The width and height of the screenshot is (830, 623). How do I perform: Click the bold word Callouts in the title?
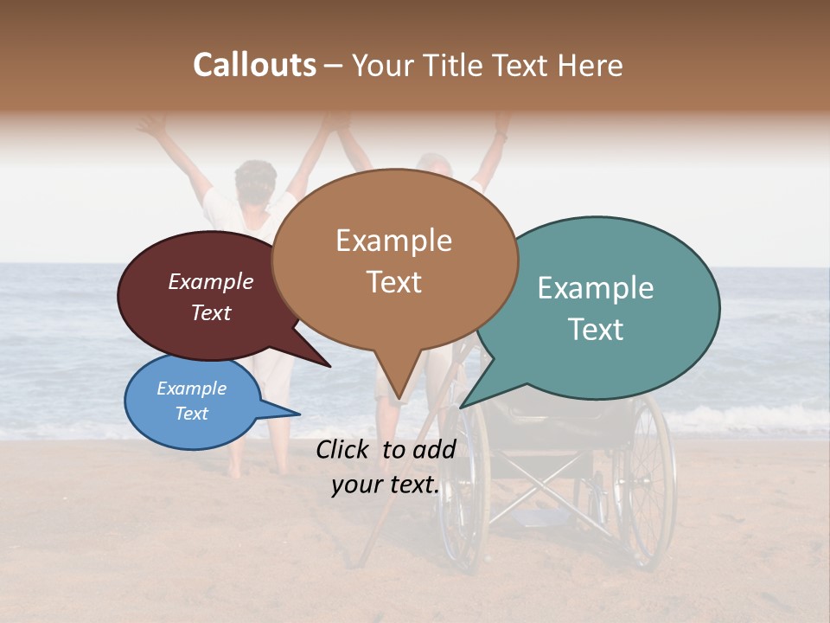pyautogui.click(x=254, y=65)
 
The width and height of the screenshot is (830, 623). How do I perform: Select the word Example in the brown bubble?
pyautogui.click(x=393, y=241)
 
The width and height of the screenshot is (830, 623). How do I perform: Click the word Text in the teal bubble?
pyautogui.click(x=596, y=329)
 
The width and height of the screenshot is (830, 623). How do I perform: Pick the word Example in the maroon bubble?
pyautogui.click(x=210, y=281)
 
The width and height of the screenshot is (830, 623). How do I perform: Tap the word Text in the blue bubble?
pyautogui.click(x=191, y=414)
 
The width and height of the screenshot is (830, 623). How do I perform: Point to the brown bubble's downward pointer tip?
pyautogui.click(x=398, y=398)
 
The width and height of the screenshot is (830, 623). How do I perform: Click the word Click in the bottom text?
pyautogui.click(x=345, y=449)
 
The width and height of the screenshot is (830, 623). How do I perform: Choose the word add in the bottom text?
pyautogui.click(x=433, y=449)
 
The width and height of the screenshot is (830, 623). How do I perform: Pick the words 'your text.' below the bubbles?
pyautogui.click(x=385, y=485)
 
